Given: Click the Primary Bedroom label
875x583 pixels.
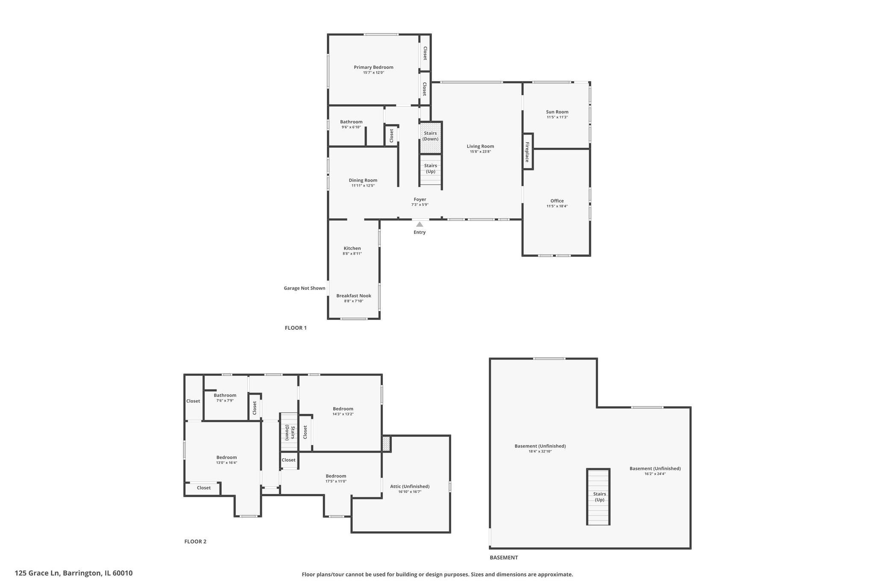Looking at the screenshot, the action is point(373,67).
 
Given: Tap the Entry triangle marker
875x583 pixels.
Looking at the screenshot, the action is point(420,224).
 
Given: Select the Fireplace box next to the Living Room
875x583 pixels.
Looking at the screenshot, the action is point(528,152).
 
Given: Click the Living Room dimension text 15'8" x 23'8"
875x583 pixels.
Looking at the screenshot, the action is point(480,152).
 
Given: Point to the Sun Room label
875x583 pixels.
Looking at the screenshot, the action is point(557,112).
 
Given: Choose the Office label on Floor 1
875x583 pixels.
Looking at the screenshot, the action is point(557,201).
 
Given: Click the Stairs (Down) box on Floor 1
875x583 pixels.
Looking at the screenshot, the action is point(430,137).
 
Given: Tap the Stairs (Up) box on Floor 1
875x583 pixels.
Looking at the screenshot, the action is point(430,170).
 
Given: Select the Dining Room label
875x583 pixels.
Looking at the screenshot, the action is point(363,180).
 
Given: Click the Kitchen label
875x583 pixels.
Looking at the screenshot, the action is point(352,248).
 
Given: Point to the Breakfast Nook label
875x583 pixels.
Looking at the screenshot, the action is point(354,296).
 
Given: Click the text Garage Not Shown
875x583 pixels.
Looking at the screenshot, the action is point(305,288).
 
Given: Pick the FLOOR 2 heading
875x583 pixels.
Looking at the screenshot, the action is point(195,542).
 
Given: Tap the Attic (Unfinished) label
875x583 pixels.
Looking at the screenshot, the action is point(410,486).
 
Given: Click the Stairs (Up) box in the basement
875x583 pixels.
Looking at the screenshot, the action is point(598,497).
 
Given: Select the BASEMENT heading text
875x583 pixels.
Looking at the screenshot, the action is point(504,557).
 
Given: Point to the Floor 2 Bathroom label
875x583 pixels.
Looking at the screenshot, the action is point(225,395).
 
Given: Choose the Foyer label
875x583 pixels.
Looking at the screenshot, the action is point(420,199).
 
